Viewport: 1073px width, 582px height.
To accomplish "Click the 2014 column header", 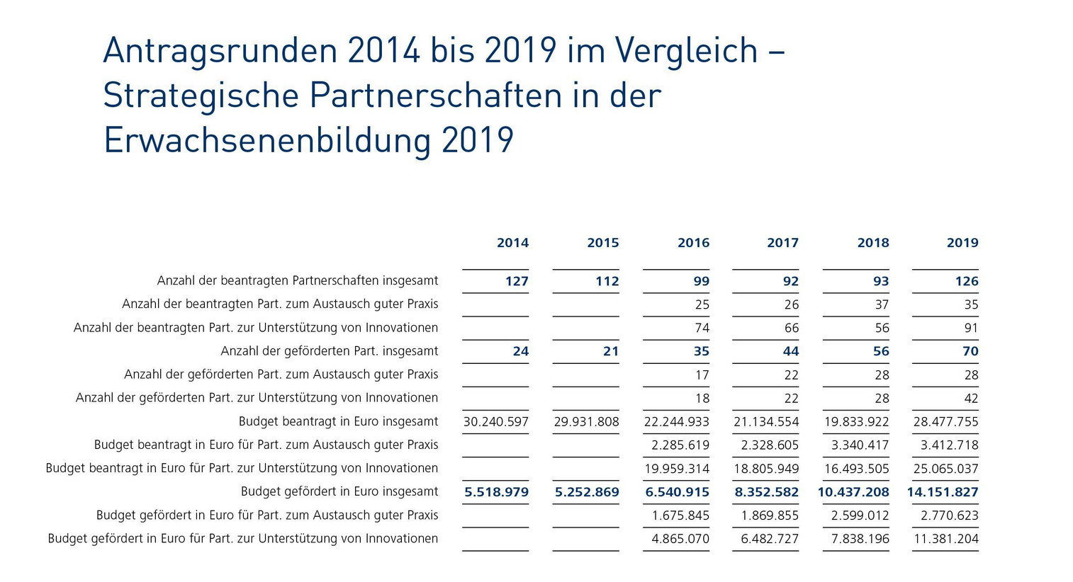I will point(512,243).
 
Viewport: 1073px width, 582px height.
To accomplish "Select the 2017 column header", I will point(782,243).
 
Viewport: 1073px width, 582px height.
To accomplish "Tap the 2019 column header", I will point(962,243).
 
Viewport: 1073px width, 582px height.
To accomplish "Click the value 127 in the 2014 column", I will point(517,281).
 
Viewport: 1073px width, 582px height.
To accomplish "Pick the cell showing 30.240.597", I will point(496,421).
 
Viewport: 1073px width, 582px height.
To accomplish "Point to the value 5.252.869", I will point(587,491).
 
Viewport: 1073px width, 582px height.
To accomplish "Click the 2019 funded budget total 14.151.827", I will point(943,491).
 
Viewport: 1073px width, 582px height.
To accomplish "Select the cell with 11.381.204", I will point(946,538).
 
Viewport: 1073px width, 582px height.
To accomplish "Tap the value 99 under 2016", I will point(701,281).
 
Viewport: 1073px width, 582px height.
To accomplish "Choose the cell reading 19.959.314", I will point(677,468).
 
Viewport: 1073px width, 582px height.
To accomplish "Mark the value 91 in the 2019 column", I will point(971,328).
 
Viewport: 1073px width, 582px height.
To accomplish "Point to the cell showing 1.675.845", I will point(680,515).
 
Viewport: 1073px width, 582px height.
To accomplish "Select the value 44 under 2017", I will point(791,351).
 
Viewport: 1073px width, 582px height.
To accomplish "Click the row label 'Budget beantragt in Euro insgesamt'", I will point(338,421).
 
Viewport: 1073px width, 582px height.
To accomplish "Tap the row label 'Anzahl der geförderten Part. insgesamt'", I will point(330,351).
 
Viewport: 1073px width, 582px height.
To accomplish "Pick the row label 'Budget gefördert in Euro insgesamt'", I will point(339,491).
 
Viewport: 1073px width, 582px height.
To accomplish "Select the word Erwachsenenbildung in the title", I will point(267,139).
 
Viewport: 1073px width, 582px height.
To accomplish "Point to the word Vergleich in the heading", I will point(687,51).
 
